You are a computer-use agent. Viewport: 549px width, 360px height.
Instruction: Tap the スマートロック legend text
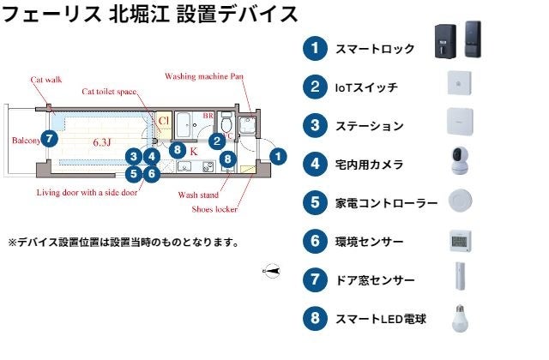(x=375, y=49)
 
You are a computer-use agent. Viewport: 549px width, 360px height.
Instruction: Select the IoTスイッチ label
(x=366, y=87)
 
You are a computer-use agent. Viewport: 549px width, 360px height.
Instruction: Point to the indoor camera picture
(x=461, y=163)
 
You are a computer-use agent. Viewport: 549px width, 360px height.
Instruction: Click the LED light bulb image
(x=461, y=319)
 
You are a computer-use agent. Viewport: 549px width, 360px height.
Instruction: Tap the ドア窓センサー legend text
(x=375, y=280)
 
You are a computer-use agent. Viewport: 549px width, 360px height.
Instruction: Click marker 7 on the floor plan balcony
(x=50, y=137)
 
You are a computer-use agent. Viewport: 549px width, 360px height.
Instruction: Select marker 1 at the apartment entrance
(x=278, y=156)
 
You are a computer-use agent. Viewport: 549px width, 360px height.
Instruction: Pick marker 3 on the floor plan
(x=132, y=156)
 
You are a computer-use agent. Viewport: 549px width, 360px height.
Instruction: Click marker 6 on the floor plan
(x=151, y=173)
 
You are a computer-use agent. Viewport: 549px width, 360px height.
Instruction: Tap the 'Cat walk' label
(x=45, y=80)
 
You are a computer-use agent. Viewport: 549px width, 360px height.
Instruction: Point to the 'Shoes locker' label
(x=214, y=208)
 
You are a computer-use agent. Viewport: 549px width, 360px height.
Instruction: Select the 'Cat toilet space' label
(x=109, y=91)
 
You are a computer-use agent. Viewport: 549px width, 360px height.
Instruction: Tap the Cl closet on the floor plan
(x=163, y=122)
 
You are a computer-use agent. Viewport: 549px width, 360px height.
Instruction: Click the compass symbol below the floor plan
(x=272, y=271)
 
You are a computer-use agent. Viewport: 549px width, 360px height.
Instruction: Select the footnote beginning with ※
(x=123, y=243)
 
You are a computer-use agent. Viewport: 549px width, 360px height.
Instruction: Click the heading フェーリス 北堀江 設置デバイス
(x=150, y=14)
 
